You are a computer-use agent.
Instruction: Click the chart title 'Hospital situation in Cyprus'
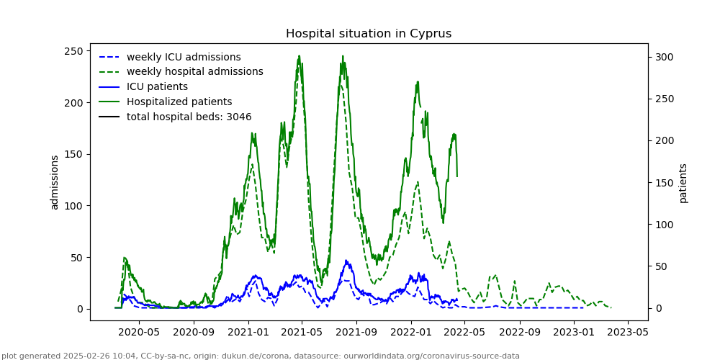point(369,34)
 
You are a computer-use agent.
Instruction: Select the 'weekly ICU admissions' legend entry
point(184,57)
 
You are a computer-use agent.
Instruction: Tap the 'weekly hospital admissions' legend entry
point(194,72)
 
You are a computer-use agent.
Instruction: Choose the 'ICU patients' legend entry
point(157,87)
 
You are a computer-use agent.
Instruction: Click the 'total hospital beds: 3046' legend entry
point(189,117)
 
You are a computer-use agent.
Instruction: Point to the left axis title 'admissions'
point(55,182)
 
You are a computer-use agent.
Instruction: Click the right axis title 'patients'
point(683,183)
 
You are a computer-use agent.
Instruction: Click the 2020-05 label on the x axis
point(138,333)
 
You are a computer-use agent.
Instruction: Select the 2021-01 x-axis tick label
point(248,333)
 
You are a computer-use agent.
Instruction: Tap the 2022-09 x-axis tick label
point(520,333)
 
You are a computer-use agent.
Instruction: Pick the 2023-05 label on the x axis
point(629,333)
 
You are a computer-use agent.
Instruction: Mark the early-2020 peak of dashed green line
point(125,258)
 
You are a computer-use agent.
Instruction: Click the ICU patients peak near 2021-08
point(346,261)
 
